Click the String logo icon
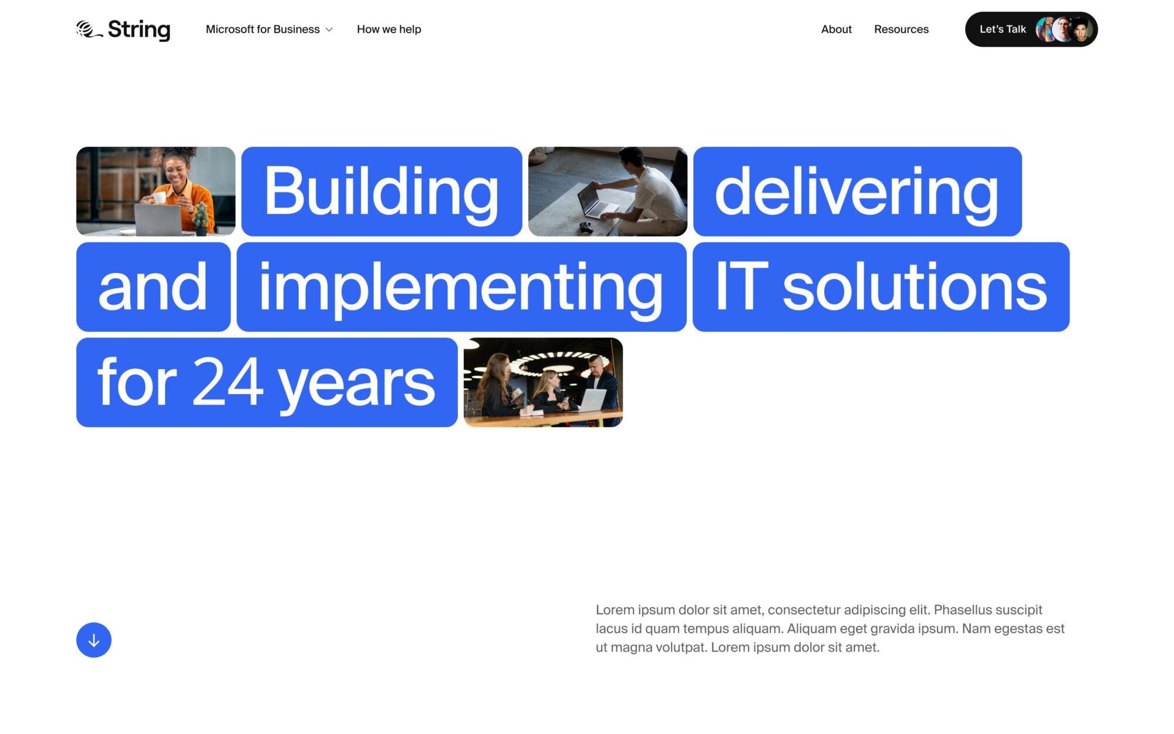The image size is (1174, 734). click(x=89, y=29)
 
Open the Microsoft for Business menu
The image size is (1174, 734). click(x=262, y=29)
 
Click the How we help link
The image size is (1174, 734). click(x=389, y=29)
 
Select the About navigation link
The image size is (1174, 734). click(x=836, y=29)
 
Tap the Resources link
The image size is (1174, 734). click(x=901, y=29)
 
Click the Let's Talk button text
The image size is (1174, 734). click(x=1003, y=29)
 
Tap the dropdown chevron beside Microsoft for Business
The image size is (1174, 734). click(x=329, y=30)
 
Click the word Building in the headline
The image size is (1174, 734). click(x=381, y=191)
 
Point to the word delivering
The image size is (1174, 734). click(x=856, y=191)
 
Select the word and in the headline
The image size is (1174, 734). click(x=153, y=287)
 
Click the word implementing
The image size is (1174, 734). click(x=461, y=287)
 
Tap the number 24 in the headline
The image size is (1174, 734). click(x=227, y=382)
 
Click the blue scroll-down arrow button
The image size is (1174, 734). click(x=94, y=640)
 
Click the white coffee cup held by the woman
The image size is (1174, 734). click(x=159, y=197)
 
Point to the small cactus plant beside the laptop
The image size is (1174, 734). click(x=201, y=217)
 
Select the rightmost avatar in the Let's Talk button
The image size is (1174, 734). click(x=1081, y=29)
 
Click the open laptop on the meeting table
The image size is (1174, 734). click(x=592, y=400)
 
